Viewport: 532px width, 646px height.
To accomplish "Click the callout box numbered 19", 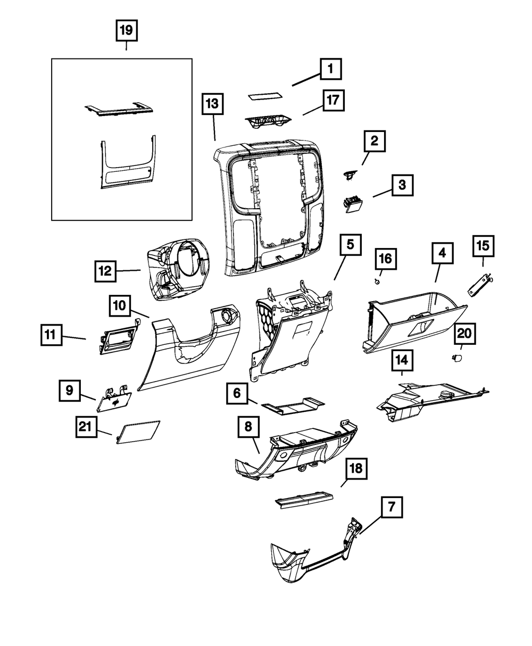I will point(126,30).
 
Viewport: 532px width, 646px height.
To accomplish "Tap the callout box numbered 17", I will point(332,101).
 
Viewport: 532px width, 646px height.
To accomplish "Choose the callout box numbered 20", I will point(464,334).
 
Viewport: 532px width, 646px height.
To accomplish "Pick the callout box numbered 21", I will point(86,426).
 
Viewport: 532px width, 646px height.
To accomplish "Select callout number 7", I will point(391,507).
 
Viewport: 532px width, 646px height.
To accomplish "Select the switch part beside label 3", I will point(352,203).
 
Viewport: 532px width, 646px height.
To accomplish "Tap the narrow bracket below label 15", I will point(479,283).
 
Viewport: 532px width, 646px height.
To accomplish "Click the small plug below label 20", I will point(455,359).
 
